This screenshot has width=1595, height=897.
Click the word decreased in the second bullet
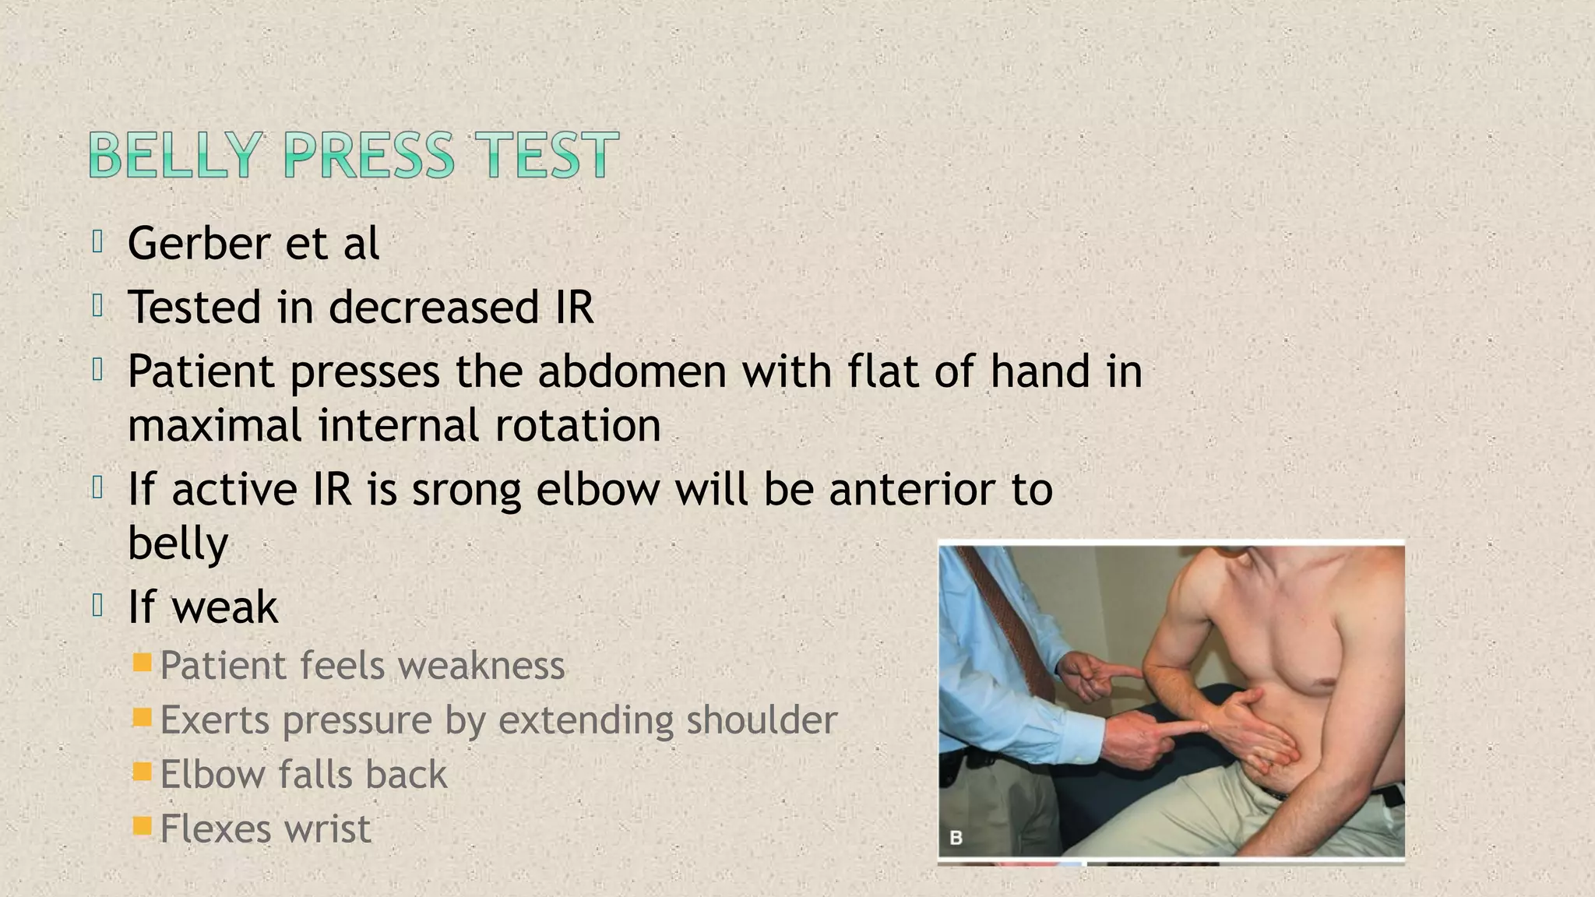pos(433,308)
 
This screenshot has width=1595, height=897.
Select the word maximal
pos(215,426)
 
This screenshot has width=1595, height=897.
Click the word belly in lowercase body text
pos(178,544)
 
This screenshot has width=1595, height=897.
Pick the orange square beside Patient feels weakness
pos(142,663)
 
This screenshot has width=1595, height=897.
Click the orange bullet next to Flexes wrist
pos(142,826)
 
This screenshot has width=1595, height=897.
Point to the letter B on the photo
pos(956,838)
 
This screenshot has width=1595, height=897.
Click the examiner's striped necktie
pos(1005,615)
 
